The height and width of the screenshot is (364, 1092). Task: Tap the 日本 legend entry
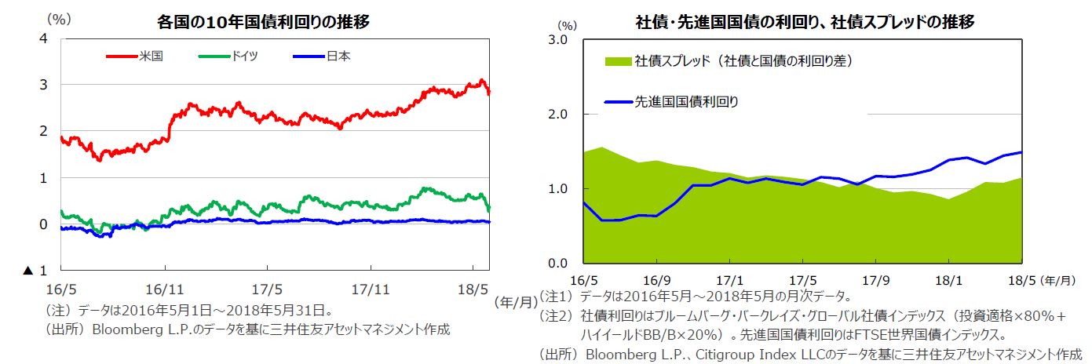(x=338, y=56)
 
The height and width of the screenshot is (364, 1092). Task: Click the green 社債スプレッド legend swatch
(x=618, y=60)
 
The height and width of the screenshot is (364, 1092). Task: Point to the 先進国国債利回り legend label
(x=685, y=100)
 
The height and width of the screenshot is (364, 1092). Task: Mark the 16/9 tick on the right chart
(x=656, y=280)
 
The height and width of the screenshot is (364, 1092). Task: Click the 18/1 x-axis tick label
(x=948, y=280)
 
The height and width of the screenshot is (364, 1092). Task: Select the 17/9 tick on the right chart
(x=875, y=280)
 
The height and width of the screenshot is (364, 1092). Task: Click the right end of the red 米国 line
(x=490, y=93)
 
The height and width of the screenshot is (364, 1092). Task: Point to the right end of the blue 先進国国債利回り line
(x=1021, y=152)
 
